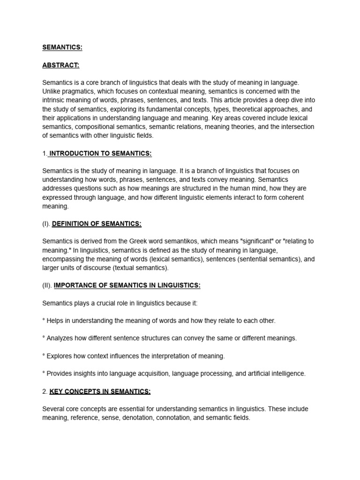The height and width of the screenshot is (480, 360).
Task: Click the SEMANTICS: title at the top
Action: (62, 47)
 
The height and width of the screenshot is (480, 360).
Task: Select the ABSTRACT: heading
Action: (60, 65)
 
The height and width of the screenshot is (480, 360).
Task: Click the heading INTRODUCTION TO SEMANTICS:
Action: (100, 153)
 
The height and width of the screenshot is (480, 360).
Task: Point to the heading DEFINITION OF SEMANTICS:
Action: (97, 224)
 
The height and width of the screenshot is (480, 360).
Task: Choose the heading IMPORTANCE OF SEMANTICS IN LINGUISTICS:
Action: (127, 285)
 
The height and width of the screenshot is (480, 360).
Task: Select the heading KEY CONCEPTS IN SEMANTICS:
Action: (100, 391)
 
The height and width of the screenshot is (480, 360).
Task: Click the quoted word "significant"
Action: (256, 241)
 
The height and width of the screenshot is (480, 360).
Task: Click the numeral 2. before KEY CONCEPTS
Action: (45, 391)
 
